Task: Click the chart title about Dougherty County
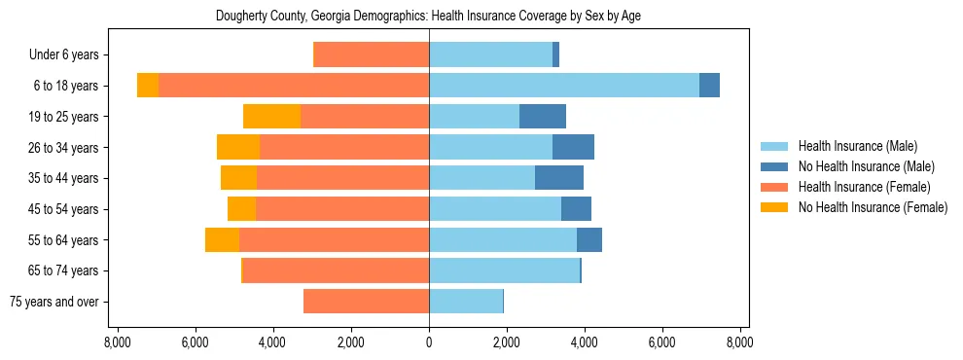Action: (428, 16)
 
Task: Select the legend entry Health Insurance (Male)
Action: (856, 146)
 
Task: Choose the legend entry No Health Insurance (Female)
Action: (873, 207)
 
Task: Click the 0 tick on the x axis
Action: (429, 342)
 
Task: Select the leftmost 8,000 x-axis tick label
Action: (117, 342)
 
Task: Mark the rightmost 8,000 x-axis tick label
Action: (739, 342)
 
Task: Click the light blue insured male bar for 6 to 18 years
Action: (564, 86)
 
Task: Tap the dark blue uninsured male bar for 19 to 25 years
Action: (543, 117)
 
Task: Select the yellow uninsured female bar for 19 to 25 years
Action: (271, 117)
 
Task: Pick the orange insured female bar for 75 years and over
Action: (366, 302)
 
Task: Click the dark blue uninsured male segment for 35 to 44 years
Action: (559, 178)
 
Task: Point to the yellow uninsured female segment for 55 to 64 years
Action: (222, 240)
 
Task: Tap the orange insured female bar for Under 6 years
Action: (372, 54)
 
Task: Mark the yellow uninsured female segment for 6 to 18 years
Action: (148, 86)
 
